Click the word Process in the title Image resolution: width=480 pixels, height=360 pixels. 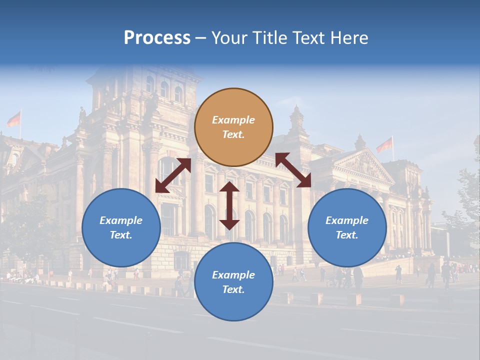click(x=157, y=38)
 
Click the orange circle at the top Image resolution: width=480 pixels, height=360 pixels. click(x=233, y=127)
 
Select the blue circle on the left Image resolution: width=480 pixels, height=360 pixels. click(x=121, y=227)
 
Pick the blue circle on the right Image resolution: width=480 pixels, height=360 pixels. click(x=347, y=227)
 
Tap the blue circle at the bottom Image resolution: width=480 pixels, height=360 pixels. click(x=233, y=282)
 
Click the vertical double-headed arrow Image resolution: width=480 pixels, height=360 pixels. click(x=229, y=205)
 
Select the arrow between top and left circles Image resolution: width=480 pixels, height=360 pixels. click(x=173, y=175)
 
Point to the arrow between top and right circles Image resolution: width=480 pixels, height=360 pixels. click(x=293, y=170)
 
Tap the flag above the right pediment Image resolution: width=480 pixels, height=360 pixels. click(x=384, y=145)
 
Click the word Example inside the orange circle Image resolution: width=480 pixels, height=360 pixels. click(x=233, y=120)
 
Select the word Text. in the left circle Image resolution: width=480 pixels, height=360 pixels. click(x=121, y=235)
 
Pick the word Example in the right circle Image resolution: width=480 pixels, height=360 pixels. click(x=347, y=220)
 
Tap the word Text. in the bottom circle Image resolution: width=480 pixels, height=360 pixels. click(x=233, y=289)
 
